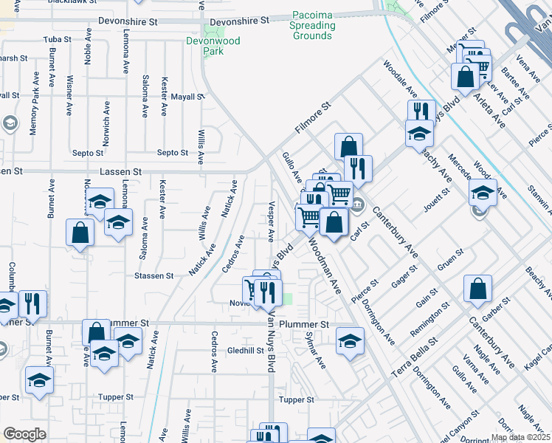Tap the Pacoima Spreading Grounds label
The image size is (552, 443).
(313, 25)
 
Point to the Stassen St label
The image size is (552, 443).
(153, 275)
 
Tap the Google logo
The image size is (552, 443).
(24, 434)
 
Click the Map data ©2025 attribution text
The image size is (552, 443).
(521, 437)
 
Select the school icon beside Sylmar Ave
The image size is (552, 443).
(350, 341)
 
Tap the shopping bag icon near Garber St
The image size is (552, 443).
(478, 289)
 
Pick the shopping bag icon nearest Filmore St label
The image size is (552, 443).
(348, 146)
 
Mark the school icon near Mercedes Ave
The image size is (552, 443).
(483, 192)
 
